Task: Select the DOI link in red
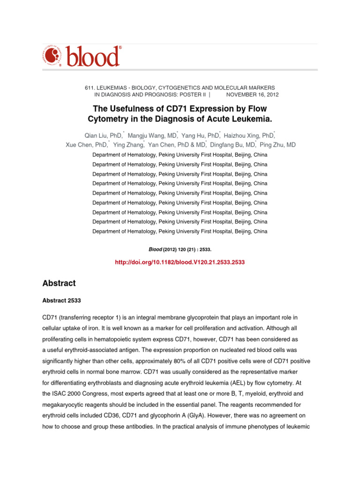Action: click(x=180, y=263)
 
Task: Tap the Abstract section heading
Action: click(x=59, y=283)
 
